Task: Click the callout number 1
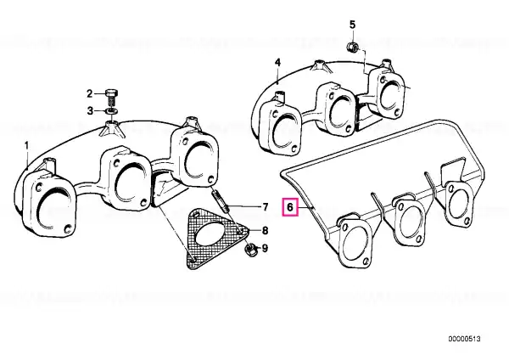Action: click(x=27, y=145)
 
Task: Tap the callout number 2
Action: click(x=90, y=94)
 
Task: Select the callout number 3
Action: click(x=90, y=111)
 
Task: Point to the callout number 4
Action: click(x=277, y=63)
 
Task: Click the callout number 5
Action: click(x=352, y=25)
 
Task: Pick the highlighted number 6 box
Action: click(x=290, y=207)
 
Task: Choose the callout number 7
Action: click(x=266, y=206)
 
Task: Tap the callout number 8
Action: click(x=266, y=231)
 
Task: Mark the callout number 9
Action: click(x=266, y=249)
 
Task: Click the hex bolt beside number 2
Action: click(x=112, y=97)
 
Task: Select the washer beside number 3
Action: click(x=112, y=111)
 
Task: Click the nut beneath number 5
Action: click(x=352, y=48)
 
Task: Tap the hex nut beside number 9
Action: click(x=249, y=250)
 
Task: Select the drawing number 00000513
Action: click(x=465, y=339)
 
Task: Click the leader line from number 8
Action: click(x=255, y=231)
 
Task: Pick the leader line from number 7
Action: click(x=243, y=206)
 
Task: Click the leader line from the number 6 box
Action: click(x=305, y=207)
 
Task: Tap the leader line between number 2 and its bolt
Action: click(x=99, y=94)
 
